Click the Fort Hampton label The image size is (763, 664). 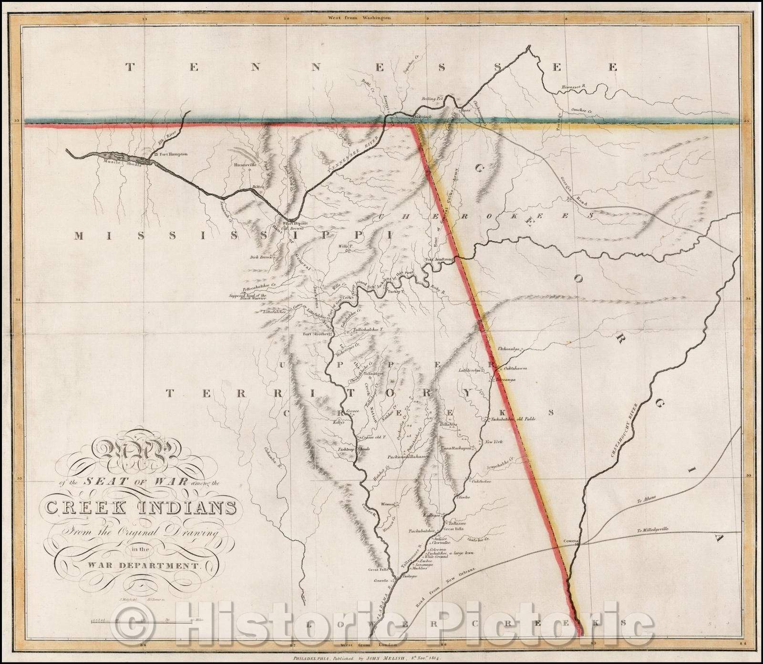point(175,154)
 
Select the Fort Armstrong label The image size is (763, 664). point(442,259)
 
